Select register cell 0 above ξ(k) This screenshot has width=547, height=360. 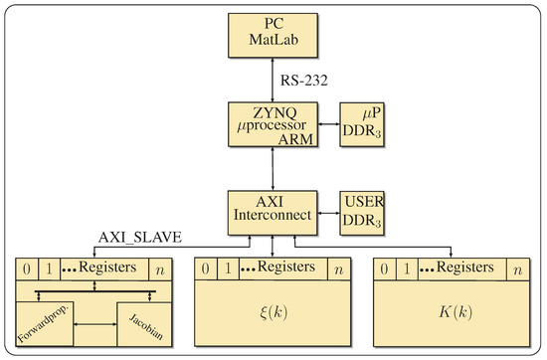(x=204, y=269)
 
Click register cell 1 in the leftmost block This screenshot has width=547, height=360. (x=48, y=269)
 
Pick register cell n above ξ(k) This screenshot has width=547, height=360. (x=338, y=269)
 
